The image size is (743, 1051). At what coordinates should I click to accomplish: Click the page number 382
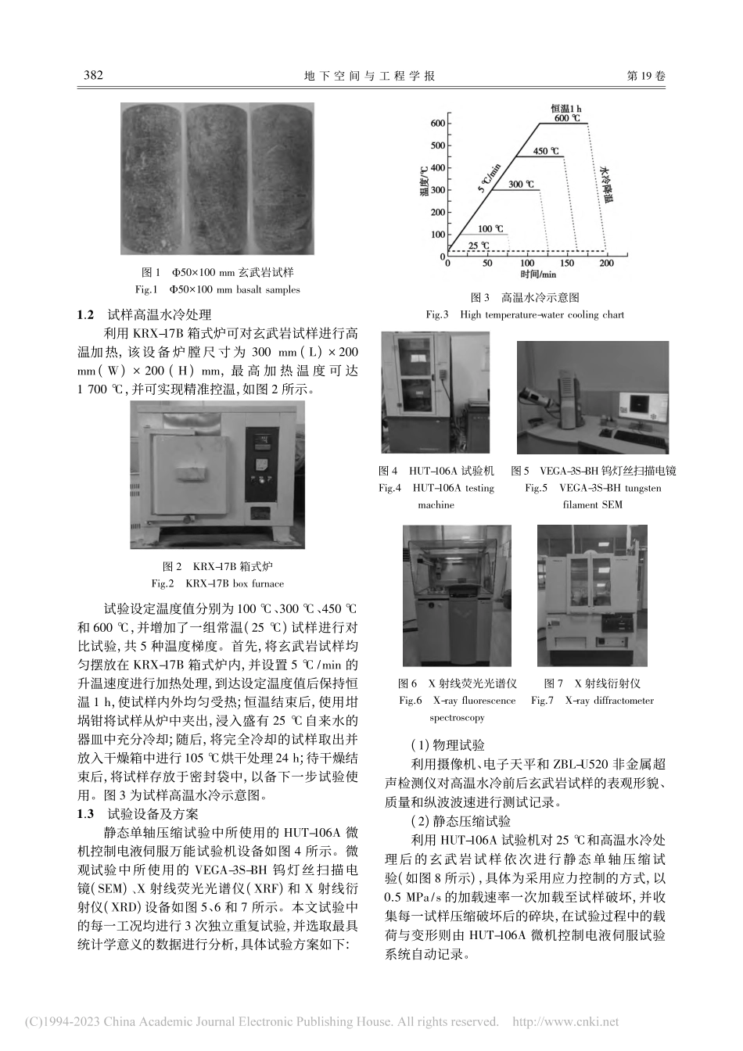[x=93, y=76]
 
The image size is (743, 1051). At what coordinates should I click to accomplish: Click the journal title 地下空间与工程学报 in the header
[x=371, y=76]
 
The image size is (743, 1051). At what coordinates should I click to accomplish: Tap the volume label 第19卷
[x=647, y=76]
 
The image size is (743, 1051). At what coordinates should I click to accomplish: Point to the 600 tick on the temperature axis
[x=436, y=124]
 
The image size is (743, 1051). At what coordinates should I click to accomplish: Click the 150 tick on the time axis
[x=567, y=264]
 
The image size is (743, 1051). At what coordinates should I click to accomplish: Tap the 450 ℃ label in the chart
[x=546, y=150]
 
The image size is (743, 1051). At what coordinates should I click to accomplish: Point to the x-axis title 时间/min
[x=537, y=274]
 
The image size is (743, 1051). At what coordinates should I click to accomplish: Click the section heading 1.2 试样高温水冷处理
[x=144, y=315]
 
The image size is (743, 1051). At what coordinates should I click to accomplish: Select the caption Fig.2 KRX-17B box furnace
[x=218, y=583]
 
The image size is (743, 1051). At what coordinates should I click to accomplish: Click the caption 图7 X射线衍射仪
[x=593, y=683]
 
